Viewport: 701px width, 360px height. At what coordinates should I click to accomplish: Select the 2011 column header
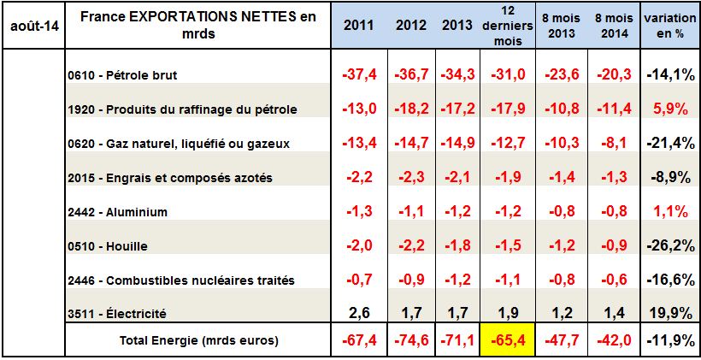point(358,25)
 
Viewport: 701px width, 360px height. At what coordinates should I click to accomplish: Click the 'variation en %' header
point(669,25)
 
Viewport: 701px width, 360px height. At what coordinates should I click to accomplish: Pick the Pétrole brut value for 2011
point(358,74)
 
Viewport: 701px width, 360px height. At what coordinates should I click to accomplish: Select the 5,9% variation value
point(669,109)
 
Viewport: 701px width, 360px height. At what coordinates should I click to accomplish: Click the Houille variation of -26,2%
point(669,245)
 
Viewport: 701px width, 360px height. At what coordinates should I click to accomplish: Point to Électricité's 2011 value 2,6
point(358,314)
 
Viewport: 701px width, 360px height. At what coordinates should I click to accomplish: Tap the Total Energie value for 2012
point(411,339)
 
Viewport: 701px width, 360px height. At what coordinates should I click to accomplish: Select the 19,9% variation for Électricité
point(669,314)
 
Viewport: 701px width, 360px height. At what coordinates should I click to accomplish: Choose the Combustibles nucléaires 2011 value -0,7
point(358,280)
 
